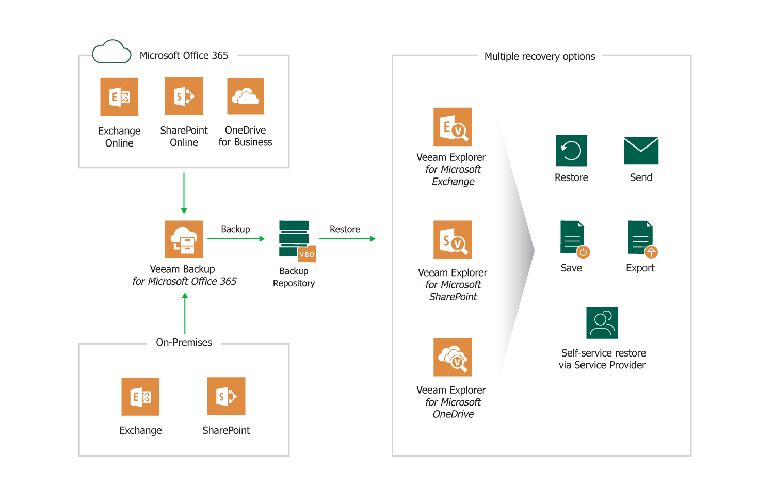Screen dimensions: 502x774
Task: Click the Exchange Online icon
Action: click(x=119, y=96)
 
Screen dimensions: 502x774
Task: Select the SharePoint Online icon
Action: click(x=184, y=96)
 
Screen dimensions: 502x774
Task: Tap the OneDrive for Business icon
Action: click(x=245, y=96)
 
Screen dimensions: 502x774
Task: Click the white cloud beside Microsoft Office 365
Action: click(x=111, y=53)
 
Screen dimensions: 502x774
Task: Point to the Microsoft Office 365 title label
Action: click(x=184, y=55)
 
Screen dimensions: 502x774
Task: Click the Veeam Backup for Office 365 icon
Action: click(x=184, y=239)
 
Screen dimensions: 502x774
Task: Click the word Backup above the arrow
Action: click(x=235, y=229)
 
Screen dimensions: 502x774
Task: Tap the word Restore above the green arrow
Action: click(x=345, y=229)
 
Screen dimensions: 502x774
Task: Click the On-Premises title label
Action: click(x=184, y=342)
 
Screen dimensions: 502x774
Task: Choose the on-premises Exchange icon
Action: click(x=140, y=397)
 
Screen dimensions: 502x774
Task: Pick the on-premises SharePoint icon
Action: click(x=227, y=396)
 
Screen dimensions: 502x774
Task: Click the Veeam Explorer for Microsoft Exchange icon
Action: click(x=453, y=127)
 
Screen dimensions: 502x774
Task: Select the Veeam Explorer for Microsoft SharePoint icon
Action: click(x=453, y=240)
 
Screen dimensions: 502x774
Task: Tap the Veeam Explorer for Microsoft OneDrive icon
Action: click(x=453, y=357)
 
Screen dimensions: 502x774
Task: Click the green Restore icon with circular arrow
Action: click(x=571, y=151)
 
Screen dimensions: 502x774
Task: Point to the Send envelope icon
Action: click(x=641, y=151)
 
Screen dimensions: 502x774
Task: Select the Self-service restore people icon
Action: click(x=602, y=323)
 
